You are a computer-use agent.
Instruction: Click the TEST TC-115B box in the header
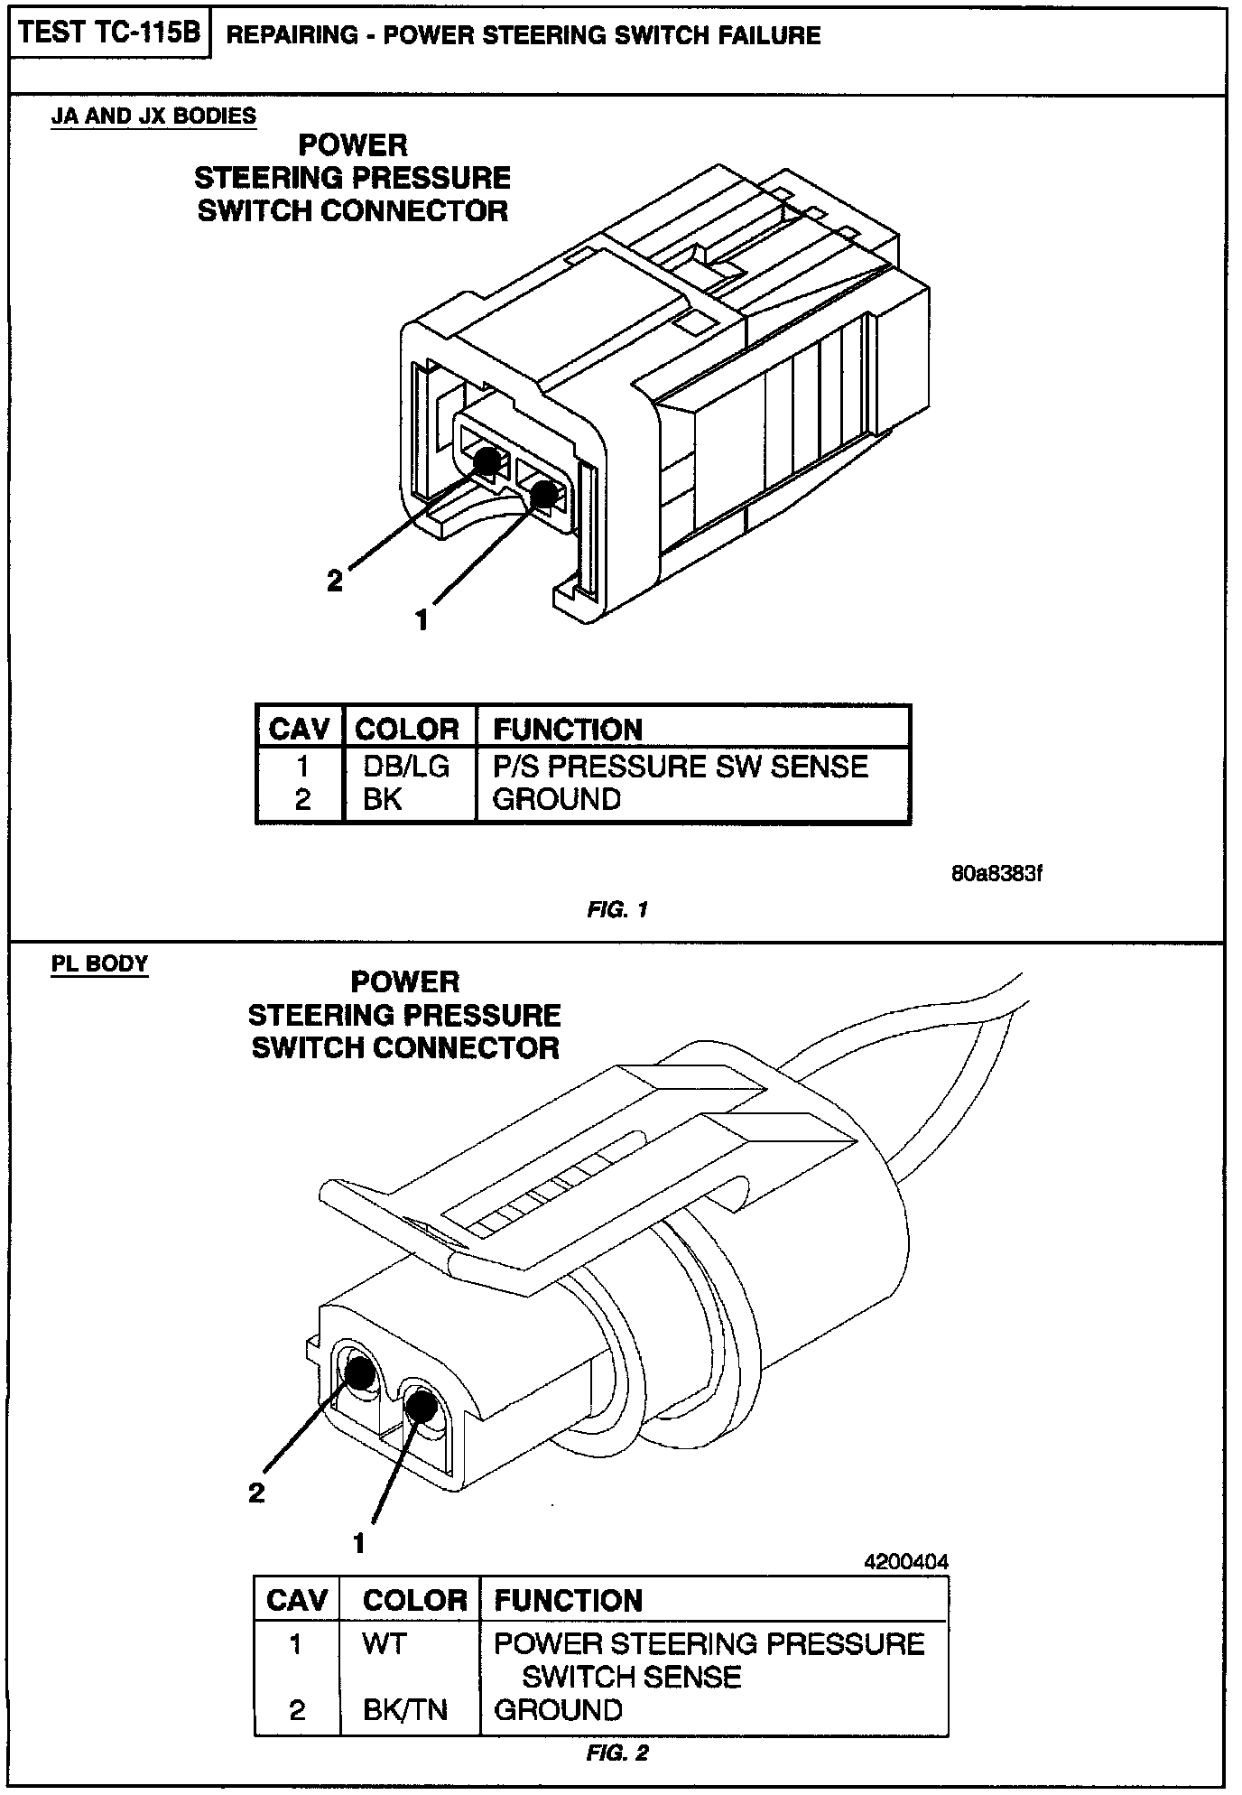coord(109,33)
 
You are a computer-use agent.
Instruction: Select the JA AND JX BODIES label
coord(153,116)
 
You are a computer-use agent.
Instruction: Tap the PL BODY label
coord(99,963)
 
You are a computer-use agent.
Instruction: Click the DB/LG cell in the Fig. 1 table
coord(406,766)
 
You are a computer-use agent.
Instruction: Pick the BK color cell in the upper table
coord(383,799)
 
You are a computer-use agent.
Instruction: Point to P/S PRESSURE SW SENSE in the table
coord(680,766)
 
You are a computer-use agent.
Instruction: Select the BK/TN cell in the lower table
coord(405,1709)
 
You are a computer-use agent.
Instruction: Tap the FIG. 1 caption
coord(617,909)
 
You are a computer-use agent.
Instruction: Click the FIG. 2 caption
coord(617,1753)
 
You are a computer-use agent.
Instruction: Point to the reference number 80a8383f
coord(996,874)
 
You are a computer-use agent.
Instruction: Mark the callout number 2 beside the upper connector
coord(335,581)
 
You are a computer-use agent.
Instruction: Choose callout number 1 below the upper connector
coord(422,620)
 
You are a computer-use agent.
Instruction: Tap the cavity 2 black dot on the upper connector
coord(487,461)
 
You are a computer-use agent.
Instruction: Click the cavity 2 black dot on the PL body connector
coord(361,1373)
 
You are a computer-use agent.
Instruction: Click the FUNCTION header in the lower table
coord(568,1601)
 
